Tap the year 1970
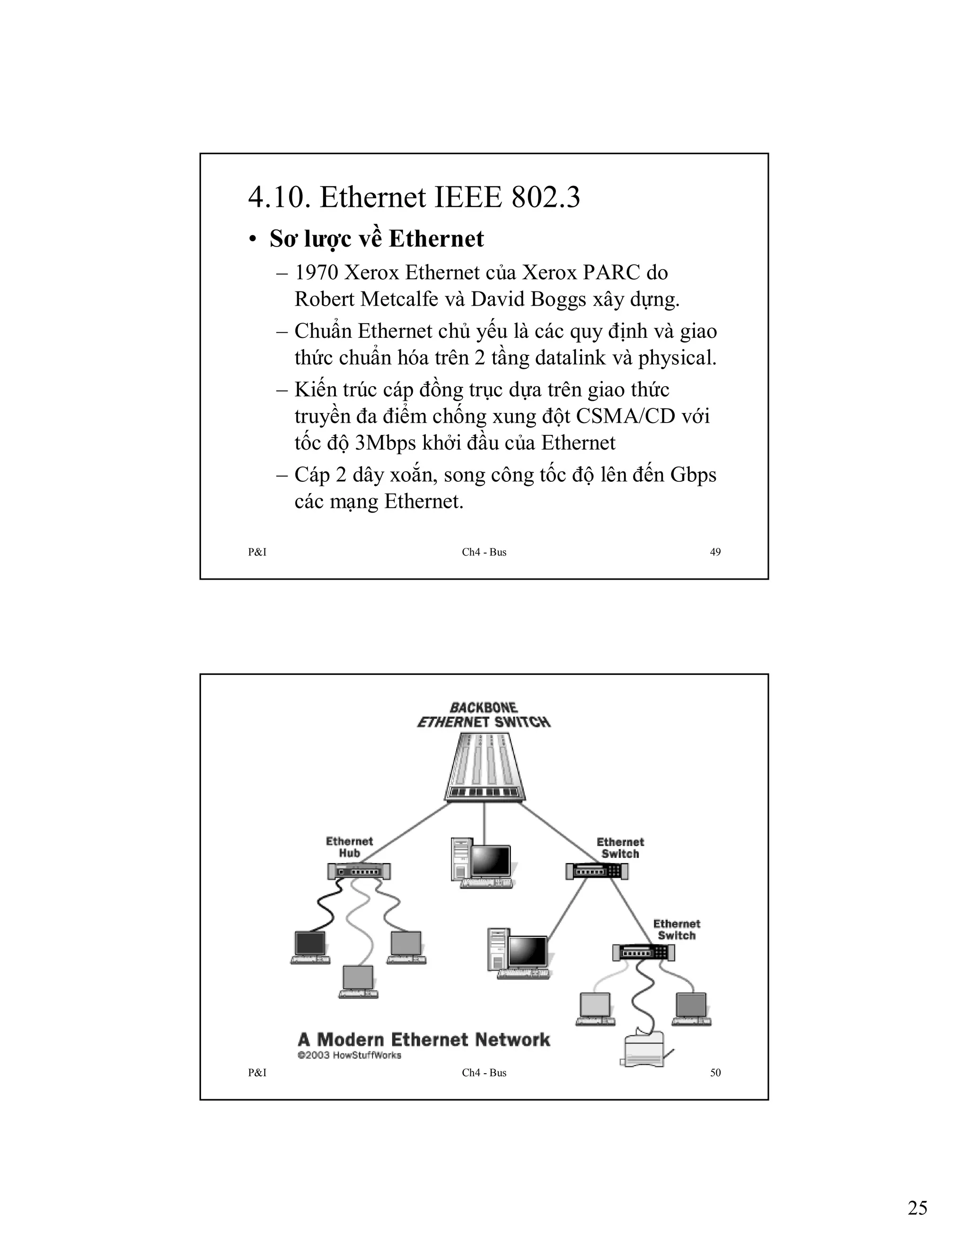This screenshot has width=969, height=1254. click(x=316, y=272)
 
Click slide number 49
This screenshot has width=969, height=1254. click(x=715, y=552)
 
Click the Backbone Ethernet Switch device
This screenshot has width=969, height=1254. click(x=484, y=767)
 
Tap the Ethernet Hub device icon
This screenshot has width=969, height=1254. click(x=359, y=871)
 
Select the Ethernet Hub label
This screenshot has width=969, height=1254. click(x=349, y=847)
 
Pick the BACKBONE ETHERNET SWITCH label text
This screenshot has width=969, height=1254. click(x=484, y=715)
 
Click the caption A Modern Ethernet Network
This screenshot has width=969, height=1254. click(x=423, y=1039)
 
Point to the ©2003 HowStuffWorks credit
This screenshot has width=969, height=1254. click(x=349, y=1055)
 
